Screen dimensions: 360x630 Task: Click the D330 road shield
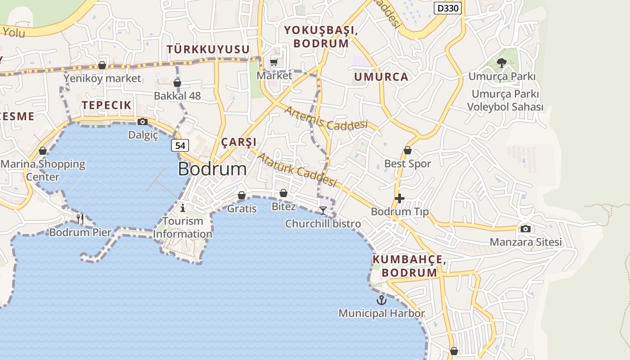coord(448,8)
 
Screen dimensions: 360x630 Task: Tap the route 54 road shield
coord(180,145)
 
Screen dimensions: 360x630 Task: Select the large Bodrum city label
coord(212,169)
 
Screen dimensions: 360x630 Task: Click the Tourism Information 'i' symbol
coord(183,207)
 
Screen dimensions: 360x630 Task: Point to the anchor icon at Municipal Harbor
coord(382,300)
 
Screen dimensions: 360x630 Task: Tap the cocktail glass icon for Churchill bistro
coord(323,210)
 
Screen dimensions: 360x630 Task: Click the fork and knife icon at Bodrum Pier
coord(80,219)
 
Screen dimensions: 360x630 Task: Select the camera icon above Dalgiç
coord(143,121)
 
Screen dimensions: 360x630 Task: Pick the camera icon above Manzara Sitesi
coord(525,229)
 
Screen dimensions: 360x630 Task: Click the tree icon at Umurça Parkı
coord(502,63)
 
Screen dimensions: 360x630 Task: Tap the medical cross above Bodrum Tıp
coord(399,198)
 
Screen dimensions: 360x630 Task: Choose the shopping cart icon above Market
coord(274,63)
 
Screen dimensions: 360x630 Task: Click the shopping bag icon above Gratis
coord(242,195)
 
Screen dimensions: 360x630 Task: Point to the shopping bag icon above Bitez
coord(283,193)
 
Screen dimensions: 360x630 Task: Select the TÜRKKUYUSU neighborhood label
coord(208,49)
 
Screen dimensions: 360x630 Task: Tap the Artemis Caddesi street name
coord(326,117)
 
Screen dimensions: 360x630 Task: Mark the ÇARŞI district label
coord(238,142)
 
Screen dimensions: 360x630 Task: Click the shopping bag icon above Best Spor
coord(408,150)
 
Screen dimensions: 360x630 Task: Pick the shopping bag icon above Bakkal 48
coord(177,83)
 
